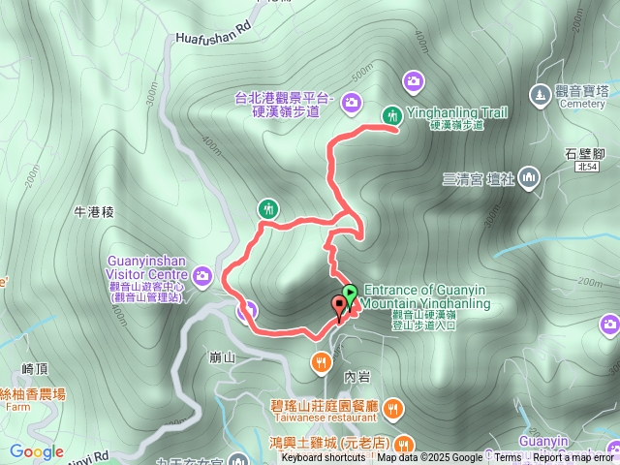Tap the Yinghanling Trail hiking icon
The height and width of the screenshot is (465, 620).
[392, 114]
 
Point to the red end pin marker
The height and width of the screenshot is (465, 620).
[339, 308]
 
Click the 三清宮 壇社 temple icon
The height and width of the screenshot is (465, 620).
[529, 177]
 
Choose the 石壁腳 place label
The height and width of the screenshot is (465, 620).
[584, 154]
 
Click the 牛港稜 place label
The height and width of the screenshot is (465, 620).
[94, 211]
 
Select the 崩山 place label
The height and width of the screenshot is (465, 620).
[223, 357]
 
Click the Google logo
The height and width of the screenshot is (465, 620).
[36, 451]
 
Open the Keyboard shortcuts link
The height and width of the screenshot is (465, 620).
[324, 457]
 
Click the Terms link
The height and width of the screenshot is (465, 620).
[508, 457]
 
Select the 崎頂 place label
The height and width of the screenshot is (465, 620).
[35, 368]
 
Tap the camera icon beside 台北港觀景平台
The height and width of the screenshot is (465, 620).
[351, 100]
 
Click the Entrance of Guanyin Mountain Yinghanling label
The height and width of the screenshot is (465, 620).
[426, 296]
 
